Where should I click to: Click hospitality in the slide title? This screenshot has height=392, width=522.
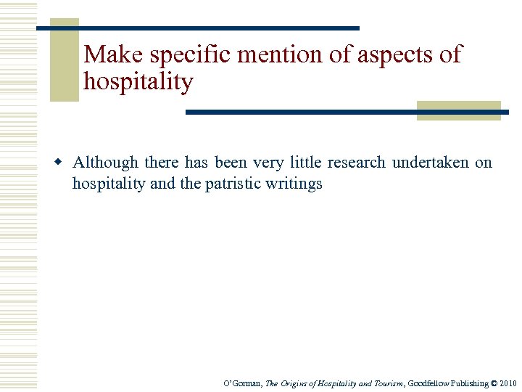click(x=138, y=82)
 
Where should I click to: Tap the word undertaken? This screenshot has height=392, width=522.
click(x=431, y=163)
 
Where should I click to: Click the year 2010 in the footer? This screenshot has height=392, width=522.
click(x=509, y=383)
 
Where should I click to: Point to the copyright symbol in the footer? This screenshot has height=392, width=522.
click(x=494, y=383)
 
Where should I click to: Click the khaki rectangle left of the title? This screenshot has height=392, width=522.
click(x=64, y=60)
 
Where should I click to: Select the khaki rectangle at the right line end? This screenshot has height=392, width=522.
click(x=459, y=110)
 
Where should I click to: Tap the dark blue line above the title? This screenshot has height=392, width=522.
click(x=197, y=28)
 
